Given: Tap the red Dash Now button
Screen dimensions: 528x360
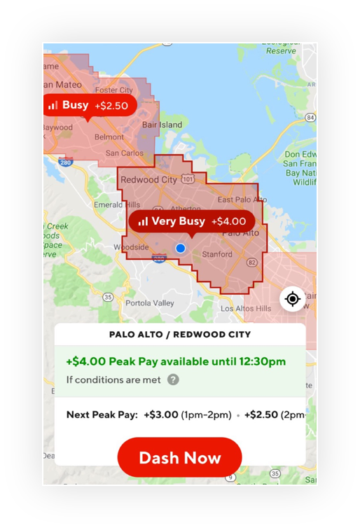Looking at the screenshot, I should click(x=179, y=458).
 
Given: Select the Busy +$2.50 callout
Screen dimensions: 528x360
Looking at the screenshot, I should click(x=88, y=106).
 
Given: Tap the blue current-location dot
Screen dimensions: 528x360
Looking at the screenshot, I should click(x=181, y=248).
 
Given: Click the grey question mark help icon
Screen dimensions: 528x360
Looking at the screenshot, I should click(x=173, y=380).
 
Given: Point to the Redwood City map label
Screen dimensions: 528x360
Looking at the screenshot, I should click(x=149, y=179).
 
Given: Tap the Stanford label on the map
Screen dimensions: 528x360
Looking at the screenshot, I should click(x=216, y=254).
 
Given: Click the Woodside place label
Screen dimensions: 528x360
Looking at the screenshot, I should click(x=132, y=247).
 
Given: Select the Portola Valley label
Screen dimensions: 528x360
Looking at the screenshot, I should click(x=150, y=303).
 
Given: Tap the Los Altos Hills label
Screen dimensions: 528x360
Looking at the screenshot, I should click(x=245, y=309).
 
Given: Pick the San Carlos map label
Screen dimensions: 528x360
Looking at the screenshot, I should click(x=124, y=153).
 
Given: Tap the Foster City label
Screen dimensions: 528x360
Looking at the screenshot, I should click(x=113, y=90).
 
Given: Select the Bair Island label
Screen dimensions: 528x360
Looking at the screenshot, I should click(x=162, y=125).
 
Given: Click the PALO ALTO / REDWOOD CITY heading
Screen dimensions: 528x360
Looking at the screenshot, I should click(x=180, y=334).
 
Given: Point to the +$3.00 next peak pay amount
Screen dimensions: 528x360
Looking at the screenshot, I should click(x=160, y=415).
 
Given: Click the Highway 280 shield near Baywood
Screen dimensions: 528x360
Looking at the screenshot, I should click(x=66, y=162).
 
